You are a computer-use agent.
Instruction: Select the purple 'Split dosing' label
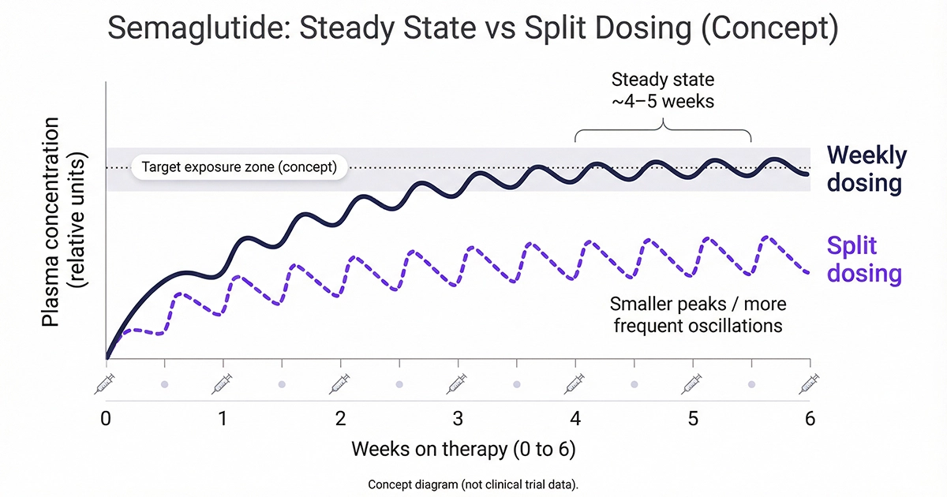point(863,260)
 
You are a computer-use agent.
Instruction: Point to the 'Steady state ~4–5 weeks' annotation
point(663,90)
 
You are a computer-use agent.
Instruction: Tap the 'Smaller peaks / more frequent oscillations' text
point(698,314)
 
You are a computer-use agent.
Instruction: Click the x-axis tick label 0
point(106,418)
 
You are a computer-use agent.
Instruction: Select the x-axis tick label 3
point(458,418)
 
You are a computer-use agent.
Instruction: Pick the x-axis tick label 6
point(810,418)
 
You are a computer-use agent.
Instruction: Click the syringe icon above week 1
point(223,384)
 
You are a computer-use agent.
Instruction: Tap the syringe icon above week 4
point(575,384)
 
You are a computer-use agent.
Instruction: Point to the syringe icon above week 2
point(340,384)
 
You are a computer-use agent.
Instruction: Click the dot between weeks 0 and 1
point(164,384)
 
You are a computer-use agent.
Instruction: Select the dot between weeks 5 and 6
point(751,384)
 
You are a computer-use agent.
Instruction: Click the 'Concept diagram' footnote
point(473,484)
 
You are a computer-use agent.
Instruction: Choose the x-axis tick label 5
point(692,418)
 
